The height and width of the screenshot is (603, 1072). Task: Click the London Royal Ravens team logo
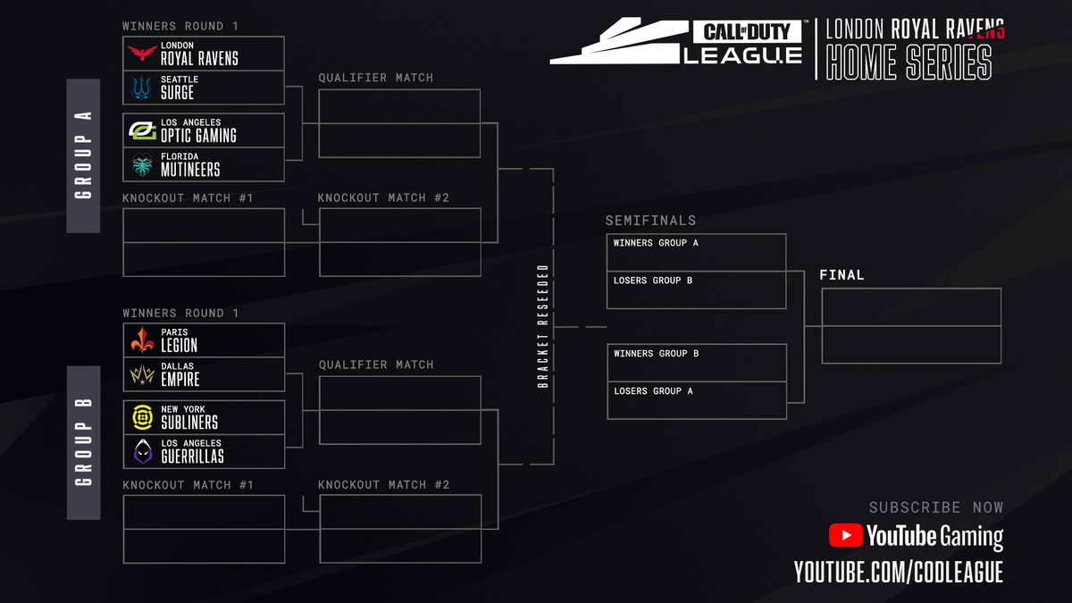point(142,54)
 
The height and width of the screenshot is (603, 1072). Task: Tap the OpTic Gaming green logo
point(142,130)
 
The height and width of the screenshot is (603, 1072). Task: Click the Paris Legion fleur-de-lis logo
point(142,340)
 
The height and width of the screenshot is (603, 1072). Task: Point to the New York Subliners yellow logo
point(142,417)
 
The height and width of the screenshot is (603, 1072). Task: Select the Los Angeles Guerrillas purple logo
point(142,451)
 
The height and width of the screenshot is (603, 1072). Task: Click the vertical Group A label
point(83,156)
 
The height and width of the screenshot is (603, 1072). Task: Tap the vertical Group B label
point(83,443)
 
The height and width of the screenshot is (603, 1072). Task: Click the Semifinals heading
point(650,221)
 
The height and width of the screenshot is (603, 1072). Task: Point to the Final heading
point(842,275)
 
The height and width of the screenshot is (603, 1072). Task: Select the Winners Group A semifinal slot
point(696,253)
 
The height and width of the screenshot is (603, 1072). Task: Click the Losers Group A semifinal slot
point(696,400)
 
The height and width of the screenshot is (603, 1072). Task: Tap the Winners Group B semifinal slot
point(696,363)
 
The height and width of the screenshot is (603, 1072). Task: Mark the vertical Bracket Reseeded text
point(542,326)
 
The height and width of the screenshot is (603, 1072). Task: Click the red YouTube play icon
point(844,535)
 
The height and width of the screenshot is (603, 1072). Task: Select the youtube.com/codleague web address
point(899,573)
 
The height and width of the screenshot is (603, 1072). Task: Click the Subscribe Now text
point(935,507)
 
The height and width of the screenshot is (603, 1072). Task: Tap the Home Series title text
point(909,63)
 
